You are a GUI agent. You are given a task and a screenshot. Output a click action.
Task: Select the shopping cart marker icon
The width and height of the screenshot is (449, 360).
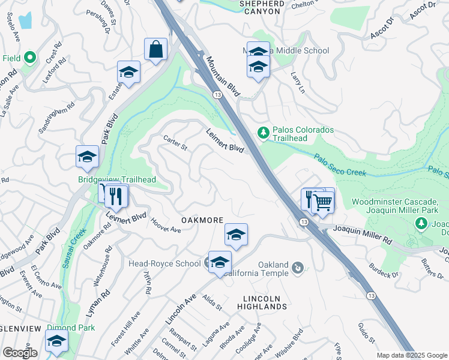click(x=323, y=203)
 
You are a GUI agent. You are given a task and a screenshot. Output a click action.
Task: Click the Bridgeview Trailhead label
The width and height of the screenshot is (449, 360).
click(x=117, y=179)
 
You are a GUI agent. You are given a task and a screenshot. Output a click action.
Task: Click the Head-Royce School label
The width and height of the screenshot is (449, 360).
click(x=164, y=263)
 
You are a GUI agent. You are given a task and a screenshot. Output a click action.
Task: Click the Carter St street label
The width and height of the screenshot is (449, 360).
click(x=176, y=143)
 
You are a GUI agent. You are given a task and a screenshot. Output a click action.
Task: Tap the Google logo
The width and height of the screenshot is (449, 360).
click(x=20, y=353)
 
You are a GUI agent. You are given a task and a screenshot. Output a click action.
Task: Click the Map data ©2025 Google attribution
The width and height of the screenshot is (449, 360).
click(x=412, y=355)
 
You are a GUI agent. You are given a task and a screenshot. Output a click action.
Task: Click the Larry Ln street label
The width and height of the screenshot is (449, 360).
click(x=298, y=82)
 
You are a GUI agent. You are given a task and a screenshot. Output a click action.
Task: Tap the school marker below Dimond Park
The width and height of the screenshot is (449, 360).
click(x=56, y=342)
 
